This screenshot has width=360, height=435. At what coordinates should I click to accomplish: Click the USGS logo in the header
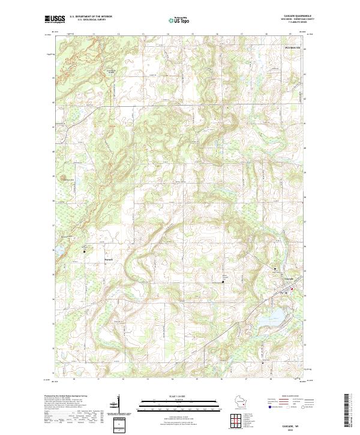[55, 19]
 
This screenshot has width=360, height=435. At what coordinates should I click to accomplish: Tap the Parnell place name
[109, 259]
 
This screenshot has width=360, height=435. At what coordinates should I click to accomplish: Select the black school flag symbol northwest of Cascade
[275, 268]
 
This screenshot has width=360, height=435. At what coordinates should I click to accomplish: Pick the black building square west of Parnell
[84, 252]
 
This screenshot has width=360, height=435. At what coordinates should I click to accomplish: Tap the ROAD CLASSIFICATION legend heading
[290, 397]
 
